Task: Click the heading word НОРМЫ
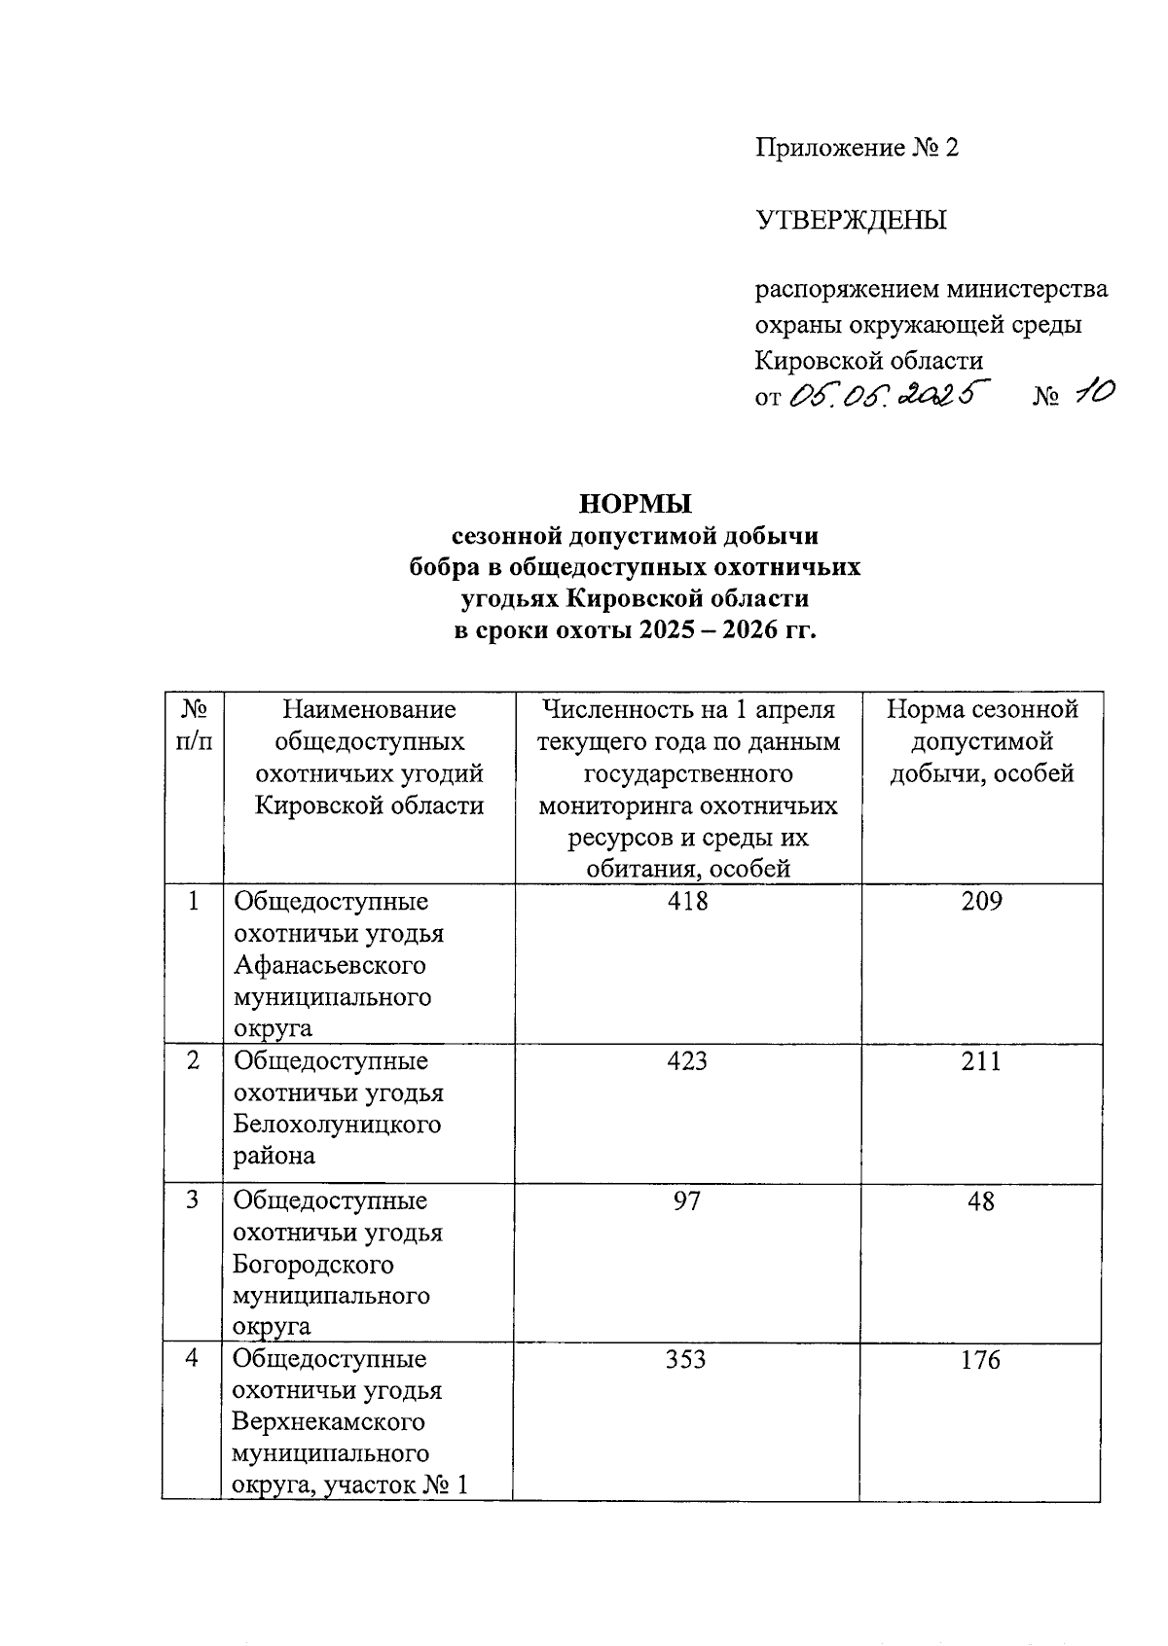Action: [635, 504]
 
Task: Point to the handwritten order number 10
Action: [1091, 393]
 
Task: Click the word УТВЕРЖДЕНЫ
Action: [852, 220]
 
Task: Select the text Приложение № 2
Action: [858, 148]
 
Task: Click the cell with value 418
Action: [687, 901]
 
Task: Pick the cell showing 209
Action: [981, 901]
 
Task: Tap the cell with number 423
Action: [687, 1060]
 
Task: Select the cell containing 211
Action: [981, 1060]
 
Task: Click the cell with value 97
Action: [687, 1201]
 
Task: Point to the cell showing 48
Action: [981, 1201]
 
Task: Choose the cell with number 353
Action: [686, 1359]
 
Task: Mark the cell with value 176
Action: [980, 1359]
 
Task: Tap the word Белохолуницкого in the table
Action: [337, 1124]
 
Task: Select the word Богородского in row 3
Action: [313, 1265]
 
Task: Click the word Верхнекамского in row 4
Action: [329, 1421]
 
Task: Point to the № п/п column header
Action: [194, 725]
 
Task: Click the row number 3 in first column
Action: [194, 1200]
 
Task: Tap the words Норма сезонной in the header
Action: [982, 709]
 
